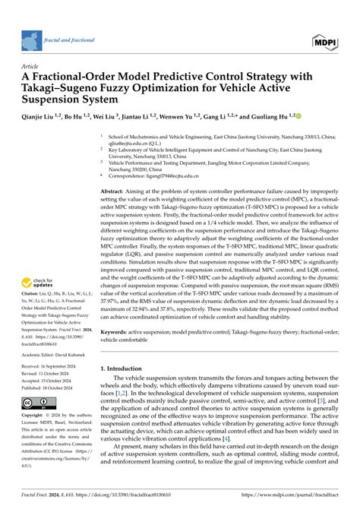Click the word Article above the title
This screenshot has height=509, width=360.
click(34, 67)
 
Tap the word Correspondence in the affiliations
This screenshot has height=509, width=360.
click(129, 175)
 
